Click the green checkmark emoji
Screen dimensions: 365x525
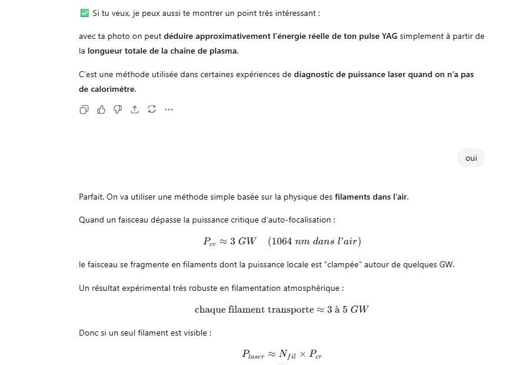tap(84, 13)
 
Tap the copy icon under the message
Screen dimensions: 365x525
tap(84, 109)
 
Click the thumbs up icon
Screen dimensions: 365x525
tap(101, 109)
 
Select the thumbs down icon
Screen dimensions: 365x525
tap(118, 109)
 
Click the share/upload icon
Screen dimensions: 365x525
tap(135, 109)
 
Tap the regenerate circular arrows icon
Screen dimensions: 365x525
tap(152, 109)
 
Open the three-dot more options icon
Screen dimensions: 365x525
tap(169, 109)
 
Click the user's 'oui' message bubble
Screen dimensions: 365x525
tap(471, 158)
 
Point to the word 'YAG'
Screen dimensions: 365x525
tap(389, 36)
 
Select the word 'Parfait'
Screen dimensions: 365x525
tap(91, 197)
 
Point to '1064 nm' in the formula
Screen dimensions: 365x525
tap(292, 241)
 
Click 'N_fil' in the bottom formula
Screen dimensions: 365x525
tap(287, 354)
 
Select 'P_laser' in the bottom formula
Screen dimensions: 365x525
tap(253, 354)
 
